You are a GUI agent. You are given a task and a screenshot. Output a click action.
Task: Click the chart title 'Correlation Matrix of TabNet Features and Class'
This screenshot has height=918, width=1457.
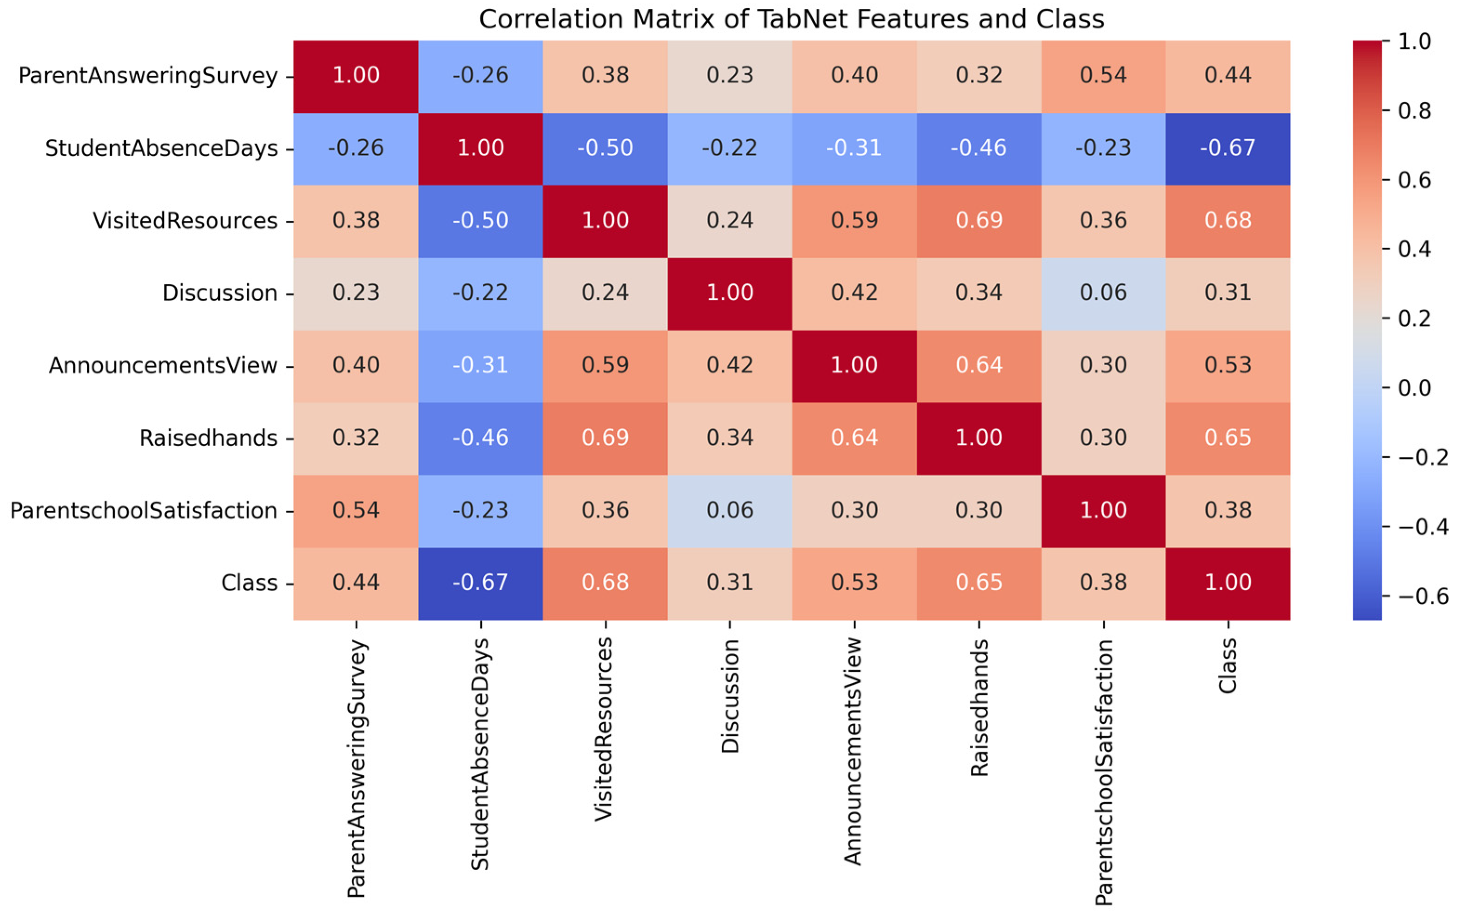point(791,20)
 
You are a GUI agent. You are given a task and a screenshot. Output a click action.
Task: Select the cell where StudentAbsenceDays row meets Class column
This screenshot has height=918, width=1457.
point(1228,148)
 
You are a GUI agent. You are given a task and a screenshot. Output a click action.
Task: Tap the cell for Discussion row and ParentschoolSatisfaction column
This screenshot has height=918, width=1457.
point(1103,293)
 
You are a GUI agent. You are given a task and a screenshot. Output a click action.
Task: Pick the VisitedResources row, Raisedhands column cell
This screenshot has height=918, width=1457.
point(978,221)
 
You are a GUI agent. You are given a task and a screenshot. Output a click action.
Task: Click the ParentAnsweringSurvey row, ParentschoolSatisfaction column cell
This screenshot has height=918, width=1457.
point(1103,76)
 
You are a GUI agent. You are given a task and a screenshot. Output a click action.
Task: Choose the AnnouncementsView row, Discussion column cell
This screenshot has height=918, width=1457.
point(730,365)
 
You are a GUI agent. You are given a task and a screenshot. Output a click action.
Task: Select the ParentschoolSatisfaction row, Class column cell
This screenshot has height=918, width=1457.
point(1228,511)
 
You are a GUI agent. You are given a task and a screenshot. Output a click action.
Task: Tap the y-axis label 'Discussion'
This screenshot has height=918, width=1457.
point(220,293)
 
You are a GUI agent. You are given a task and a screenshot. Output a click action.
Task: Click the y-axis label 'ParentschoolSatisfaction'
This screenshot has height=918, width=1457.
point(144,511)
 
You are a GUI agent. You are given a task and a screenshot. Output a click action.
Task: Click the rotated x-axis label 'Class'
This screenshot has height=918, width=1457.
point(1228,666)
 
